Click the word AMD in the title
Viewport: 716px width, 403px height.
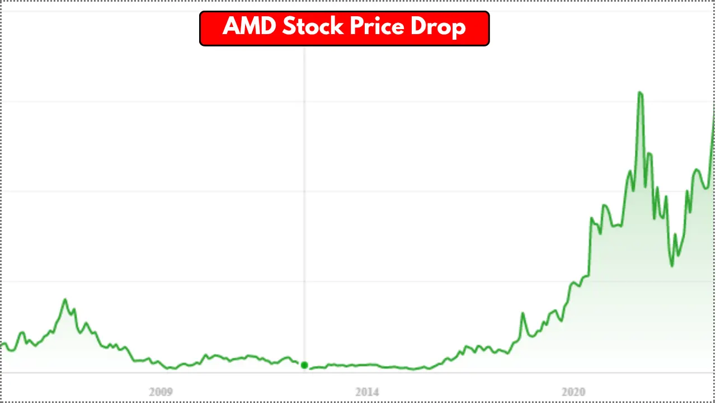tap(249, 27)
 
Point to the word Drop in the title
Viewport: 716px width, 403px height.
tap(438, 27)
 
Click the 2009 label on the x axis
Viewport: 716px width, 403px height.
tap(161, 391)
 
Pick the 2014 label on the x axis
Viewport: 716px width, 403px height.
tap(367, 391)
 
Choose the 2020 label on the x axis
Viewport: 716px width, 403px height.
tap(573, 391)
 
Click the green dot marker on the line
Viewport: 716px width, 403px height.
tap(304, 365)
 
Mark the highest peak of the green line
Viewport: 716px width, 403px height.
tap(640, 92)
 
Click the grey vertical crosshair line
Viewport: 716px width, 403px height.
tap(304, 168)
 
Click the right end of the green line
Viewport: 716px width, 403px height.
tap(714, 106)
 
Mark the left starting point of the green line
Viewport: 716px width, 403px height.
tap(2, 345)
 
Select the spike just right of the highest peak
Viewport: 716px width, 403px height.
tap(649, 153)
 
